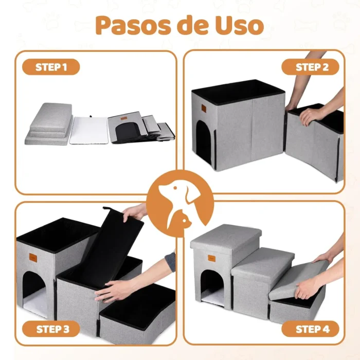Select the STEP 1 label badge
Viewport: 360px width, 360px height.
tap(51, 67)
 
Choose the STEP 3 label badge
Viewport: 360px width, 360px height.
tap(51, 328)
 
